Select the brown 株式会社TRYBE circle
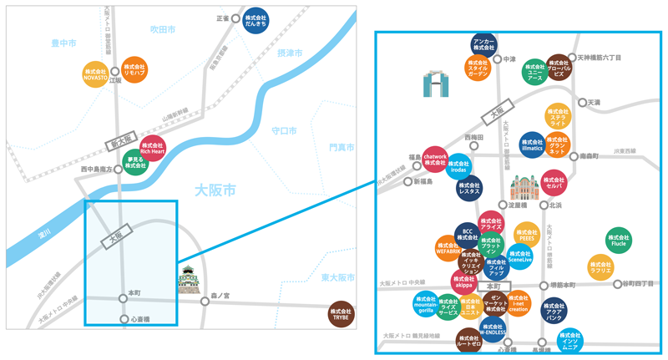pos(341,313)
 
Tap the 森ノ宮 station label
pos(220,295)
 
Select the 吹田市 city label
pos(162,29)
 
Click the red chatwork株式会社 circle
pos(436,158)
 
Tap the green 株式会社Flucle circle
pos(617,240)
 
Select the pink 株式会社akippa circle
pos(463,281)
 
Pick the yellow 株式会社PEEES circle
pos(526,235)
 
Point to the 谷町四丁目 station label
pos(637,284)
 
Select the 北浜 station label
pos(555,205)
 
